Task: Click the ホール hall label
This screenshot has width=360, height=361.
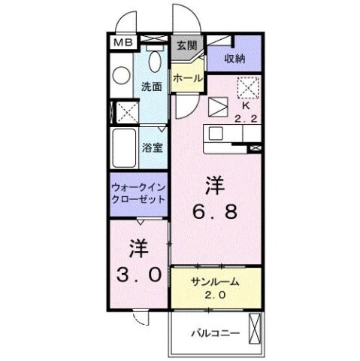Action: click(x=186, y=78)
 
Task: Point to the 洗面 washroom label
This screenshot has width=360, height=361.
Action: click(x=152, y=86)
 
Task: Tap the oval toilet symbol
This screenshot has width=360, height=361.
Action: click(x=156, y=62)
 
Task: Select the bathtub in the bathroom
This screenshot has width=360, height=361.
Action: click(x=123, y=146)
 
